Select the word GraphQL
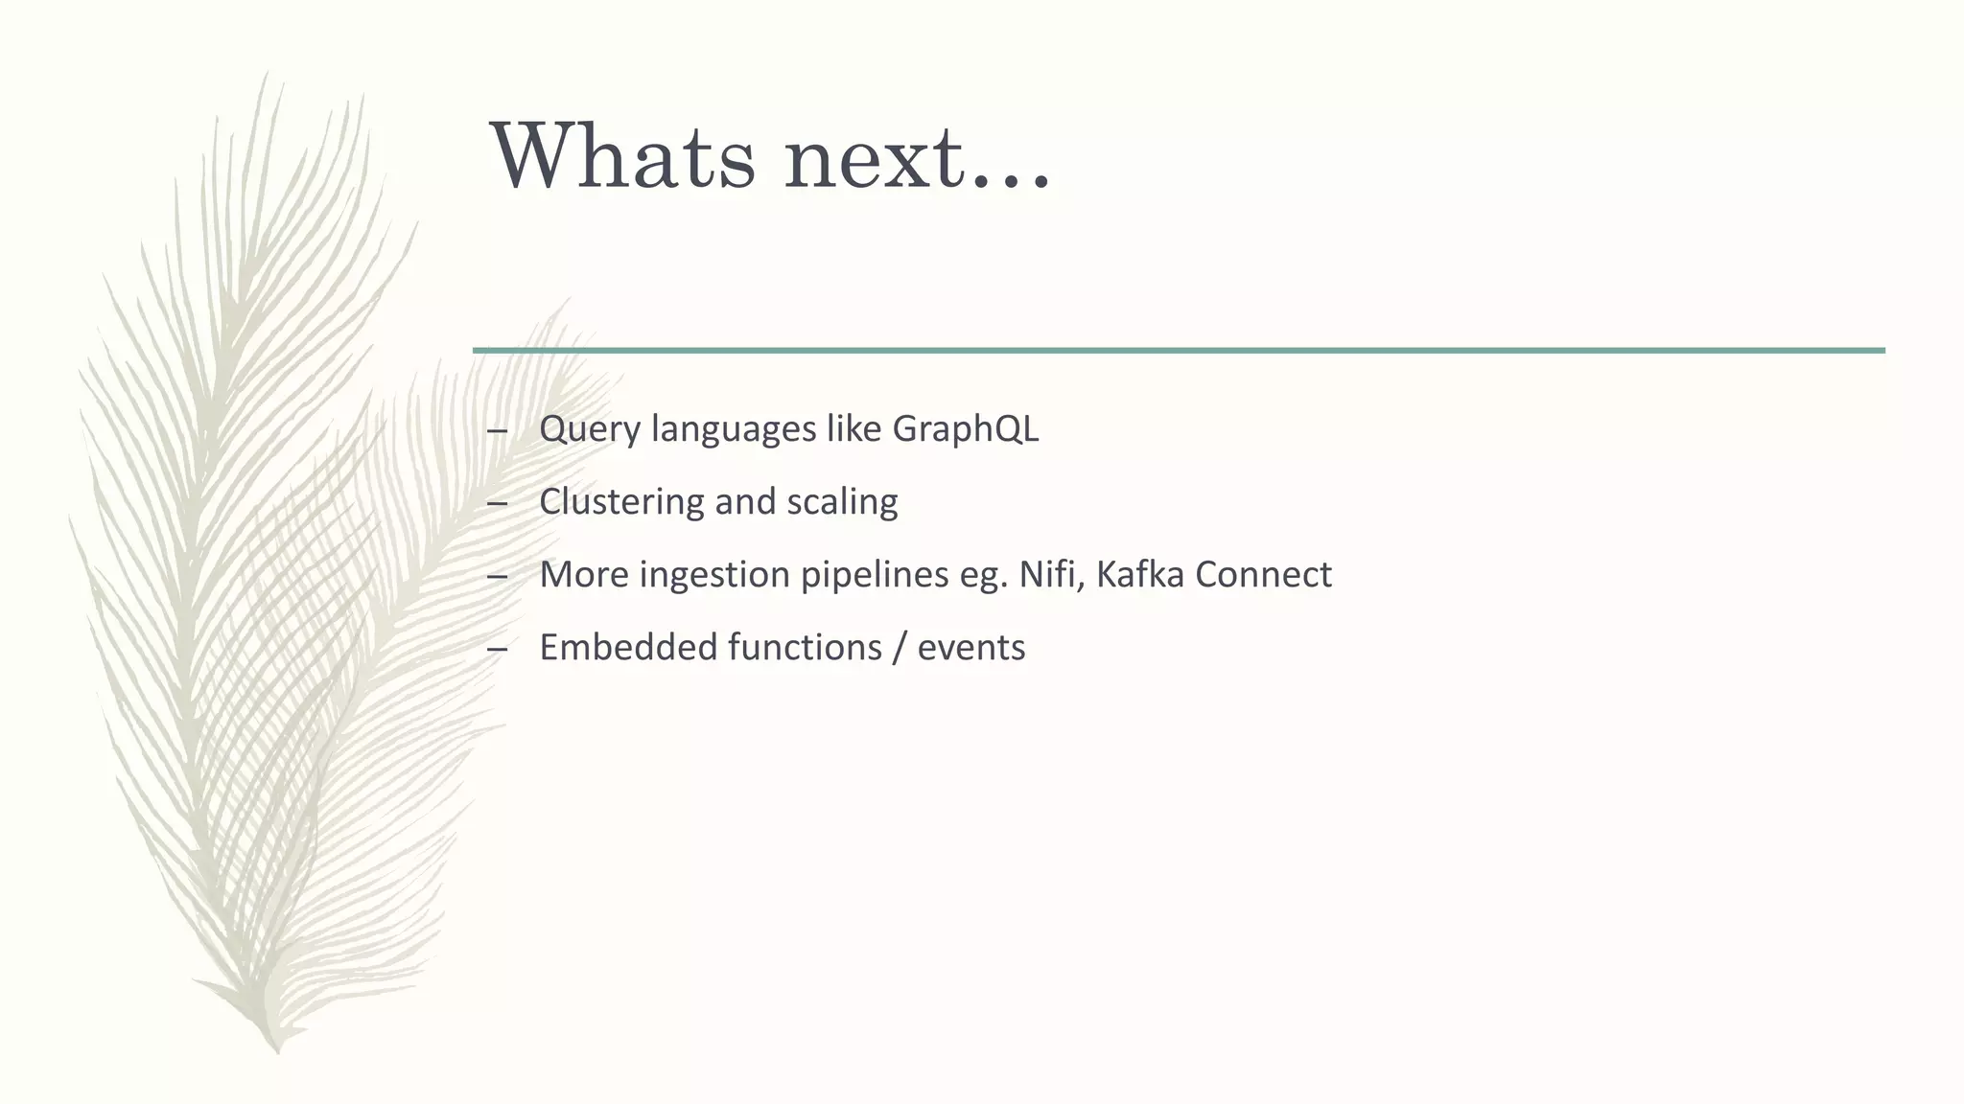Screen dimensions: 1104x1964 pos(965,428)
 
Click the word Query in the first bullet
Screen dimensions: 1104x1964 pos(589,429)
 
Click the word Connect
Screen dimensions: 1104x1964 pos(1263,574)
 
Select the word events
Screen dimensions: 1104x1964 pos(970,648)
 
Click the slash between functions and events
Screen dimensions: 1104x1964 pos(899,648)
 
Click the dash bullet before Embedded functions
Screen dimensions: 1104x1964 pos(497,649)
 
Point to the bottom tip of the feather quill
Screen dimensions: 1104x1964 pos(276,1050)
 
